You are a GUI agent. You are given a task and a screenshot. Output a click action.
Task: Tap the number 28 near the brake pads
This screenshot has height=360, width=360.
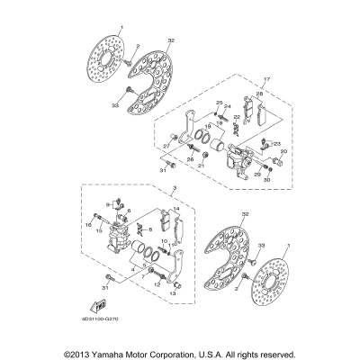tap(258, 94)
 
